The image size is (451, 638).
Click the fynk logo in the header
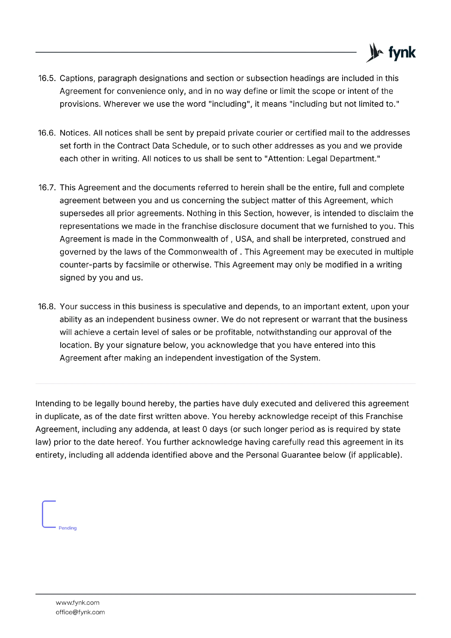coord(391,53)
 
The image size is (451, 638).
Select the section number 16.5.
coord(47,79)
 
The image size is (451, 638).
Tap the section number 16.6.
coord(47,133)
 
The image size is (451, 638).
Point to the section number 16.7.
coord(47,188)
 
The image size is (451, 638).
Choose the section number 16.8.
coord(47,307)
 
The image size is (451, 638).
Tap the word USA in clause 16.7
coord(244,239)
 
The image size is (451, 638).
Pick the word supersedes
coord(82,213)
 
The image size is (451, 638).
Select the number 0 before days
coord(205,429)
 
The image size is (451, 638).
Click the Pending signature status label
coord(67,528)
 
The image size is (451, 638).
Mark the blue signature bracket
coord(43,514)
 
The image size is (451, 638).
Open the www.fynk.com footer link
coord(78,603)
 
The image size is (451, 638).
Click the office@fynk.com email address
coord(80,612)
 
